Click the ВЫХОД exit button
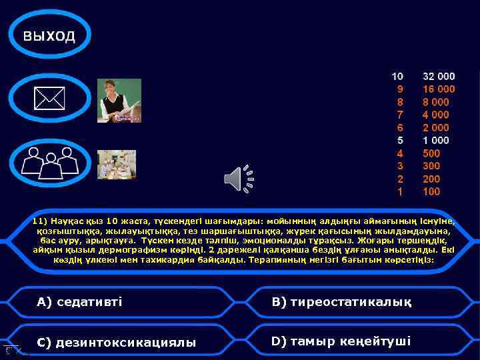pyautogui.click(x=50, y=36)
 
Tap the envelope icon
pyautogui.click(x=50, y=99)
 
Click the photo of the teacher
pyautogui.click(x=119, y=101)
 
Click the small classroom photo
pyautogui.click(x=117, y=164)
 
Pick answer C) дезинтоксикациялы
pyautogui.click(x=117, y=343)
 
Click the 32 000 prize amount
pyautogui.click(x=439, y=77)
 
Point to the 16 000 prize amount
pyautogui.click(x=439, y=89)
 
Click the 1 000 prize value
pyautogui.click(x=436, y=141)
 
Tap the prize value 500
pyautogui.click(x=431, y=153)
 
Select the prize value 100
pyautogui.click(x=431, y=192)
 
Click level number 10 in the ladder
pyautogui.click(x=397, y=77)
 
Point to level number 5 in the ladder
pyautogui.click(x=400, y=141)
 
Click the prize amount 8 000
pyautogui.click(x=436, y=102)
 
